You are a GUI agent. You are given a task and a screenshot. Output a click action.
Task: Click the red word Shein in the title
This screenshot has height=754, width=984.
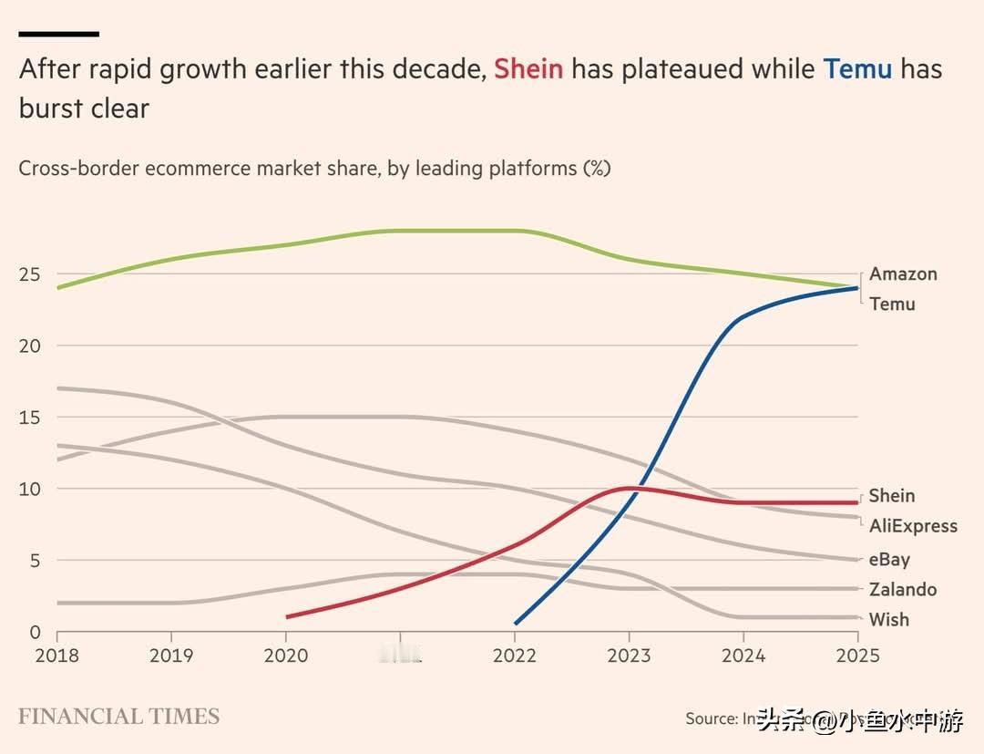(528, 69)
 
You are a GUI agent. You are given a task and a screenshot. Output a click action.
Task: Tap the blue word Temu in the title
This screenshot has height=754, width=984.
(857, 69)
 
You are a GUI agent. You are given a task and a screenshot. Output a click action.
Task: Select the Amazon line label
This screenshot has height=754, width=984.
(903, 274)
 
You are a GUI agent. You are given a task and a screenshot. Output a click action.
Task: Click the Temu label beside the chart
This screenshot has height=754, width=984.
(892, 304)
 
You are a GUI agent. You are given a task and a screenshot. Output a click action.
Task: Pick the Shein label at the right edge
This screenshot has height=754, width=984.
(891, 496)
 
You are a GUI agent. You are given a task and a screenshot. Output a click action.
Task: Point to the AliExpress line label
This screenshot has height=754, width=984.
(913, 526)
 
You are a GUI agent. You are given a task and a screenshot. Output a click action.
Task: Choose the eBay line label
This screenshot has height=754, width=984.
(889, 559)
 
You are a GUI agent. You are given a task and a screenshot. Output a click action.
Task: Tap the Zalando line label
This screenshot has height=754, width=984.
(902, 589)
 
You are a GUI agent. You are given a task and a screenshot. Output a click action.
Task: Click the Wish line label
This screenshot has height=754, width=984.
(888, 619)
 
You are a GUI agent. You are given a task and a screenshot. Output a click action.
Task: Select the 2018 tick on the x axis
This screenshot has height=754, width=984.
(56, 656)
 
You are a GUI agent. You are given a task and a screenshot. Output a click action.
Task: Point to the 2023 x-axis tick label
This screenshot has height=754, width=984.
(629, 656)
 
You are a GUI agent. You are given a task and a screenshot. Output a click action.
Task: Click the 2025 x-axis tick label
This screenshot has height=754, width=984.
(857, 656)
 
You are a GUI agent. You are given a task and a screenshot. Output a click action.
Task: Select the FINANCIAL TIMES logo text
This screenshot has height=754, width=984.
(118, 716)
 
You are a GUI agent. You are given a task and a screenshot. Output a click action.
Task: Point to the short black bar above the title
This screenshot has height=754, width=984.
(58, 34)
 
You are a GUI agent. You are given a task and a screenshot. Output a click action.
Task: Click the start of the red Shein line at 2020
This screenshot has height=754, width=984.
(288, 617)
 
